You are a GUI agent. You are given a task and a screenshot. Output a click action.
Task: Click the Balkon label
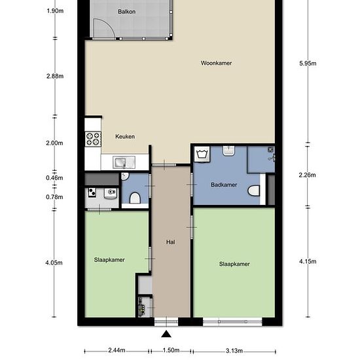(126, 12)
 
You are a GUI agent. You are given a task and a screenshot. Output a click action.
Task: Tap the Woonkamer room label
(216, 63)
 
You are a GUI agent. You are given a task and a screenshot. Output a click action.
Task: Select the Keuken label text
(125, 136)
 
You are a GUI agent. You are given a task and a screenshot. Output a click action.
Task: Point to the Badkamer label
(224, 185)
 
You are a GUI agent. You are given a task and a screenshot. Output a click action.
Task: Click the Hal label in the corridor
(171, 242)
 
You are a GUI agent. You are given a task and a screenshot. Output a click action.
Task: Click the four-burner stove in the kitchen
(93, 139)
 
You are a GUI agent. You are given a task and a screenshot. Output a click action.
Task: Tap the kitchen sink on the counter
(124, 162)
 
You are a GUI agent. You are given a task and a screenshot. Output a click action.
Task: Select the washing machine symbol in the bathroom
(202, 154)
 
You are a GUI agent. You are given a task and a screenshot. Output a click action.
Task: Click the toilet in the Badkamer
(254, 190)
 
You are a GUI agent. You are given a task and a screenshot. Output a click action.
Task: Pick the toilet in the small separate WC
(135, 198)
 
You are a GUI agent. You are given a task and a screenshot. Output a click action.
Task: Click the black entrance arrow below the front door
(166, 334)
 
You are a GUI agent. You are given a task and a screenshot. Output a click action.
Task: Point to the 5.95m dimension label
(308, 63)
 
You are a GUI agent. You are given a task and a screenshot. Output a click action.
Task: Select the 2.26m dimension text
(307, 175)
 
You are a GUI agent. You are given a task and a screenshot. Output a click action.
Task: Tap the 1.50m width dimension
(171, 350)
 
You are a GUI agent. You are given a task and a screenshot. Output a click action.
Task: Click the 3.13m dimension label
(234, 351)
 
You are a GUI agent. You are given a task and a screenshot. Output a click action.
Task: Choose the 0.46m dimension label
(54, 177)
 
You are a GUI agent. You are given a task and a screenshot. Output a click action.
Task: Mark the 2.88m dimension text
(55, 76)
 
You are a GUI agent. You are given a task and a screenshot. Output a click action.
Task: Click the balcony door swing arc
(107, 25)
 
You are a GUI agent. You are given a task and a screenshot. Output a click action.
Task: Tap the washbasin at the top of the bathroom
(228, 151)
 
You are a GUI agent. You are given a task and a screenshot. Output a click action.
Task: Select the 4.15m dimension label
(308, 261)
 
